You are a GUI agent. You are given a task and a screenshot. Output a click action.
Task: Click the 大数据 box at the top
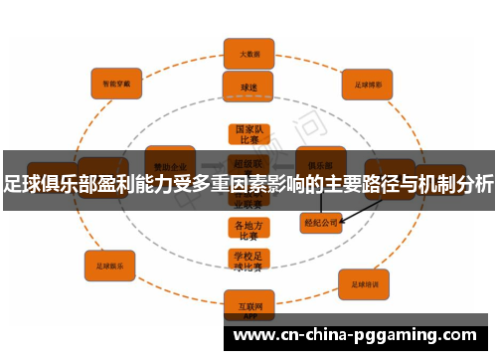248,53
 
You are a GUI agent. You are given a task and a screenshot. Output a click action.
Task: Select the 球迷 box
248,87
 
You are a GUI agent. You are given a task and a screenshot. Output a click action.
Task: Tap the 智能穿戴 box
118,83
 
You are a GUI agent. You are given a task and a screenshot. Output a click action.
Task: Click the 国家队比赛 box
248,135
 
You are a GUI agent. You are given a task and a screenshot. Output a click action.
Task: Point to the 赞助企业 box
170,163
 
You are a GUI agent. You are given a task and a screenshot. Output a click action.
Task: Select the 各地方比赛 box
248,230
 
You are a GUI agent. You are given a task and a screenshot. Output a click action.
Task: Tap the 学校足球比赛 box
248,261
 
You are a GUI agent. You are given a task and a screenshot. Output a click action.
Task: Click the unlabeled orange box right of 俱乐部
389,175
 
